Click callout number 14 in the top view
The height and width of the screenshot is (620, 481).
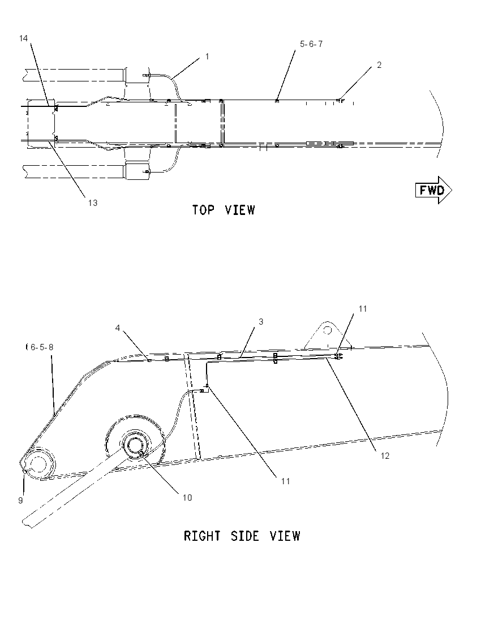(x=23, y=38)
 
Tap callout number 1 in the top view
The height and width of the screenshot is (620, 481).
(x=207, y=57)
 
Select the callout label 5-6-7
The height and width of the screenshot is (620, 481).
(x=311, y=44)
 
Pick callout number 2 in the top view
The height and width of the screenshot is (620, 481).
(x=379, y=65)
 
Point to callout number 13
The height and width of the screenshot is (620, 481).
(x=93, y=203)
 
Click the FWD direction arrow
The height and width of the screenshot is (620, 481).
(x=433, y=190)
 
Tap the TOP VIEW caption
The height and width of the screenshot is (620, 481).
(x=224, y=210)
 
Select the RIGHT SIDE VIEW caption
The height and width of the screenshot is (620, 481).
(x=242, y=536)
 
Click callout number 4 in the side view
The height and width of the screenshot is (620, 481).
(x=118, y=328)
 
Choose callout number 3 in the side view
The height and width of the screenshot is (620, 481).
(x=261, y=322)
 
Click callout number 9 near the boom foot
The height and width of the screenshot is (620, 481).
(x=20, y=500)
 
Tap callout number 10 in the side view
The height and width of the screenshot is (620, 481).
(x=187, y=497)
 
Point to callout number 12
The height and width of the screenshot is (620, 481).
(x=385, y=456)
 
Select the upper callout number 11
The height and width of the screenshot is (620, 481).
(x=363, y=309)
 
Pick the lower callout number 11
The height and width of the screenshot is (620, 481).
(x=286, y=481)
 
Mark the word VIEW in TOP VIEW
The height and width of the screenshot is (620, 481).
(x=239, y=210)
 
